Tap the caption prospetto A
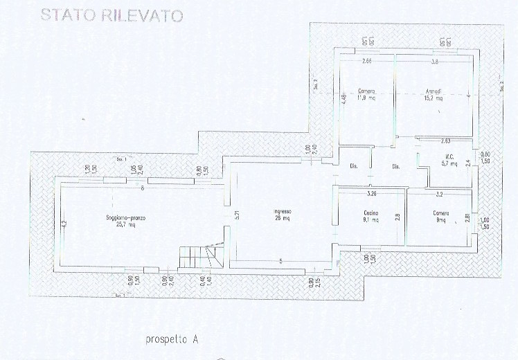point(172,339)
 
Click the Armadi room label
point(434,91)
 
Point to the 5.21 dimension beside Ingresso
point(236,215)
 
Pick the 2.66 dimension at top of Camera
point(366,62)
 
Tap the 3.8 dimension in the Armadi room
point(434,62)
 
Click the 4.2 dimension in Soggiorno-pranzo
point(64,224)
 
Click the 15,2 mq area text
point(434,98)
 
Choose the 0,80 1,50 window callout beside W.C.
point(486,157)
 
